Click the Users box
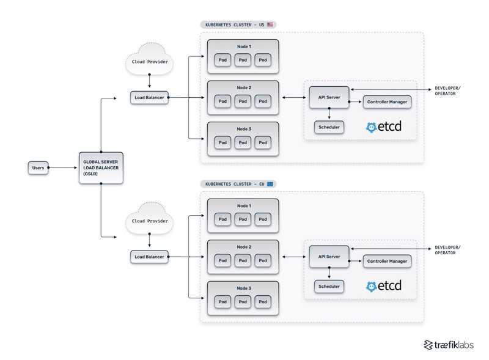pos(38,167)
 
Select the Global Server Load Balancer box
pos(101,167)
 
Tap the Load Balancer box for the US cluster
pos(149,97)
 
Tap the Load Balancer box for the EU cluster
pos(149,257)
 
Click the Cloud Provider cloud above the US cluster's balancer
pos(149,62)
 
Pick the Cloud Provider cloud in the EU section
pos(149,221)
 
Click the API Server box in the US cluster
pos(329,97)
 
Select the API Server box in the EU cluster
pos(329,256)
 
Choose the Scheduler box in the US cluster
pos(329,127)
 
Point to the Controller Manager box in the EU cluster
pos(388,261)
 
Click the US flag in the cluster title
pos(270,24)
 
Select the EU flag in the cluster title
pos(270,183)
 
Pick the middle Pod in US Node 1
pos(243,60)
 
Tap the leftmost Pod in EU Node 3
pos(222,301)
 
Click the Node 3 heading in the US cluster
pos(243,129)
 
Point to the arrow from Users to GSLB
pos(64,167)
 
